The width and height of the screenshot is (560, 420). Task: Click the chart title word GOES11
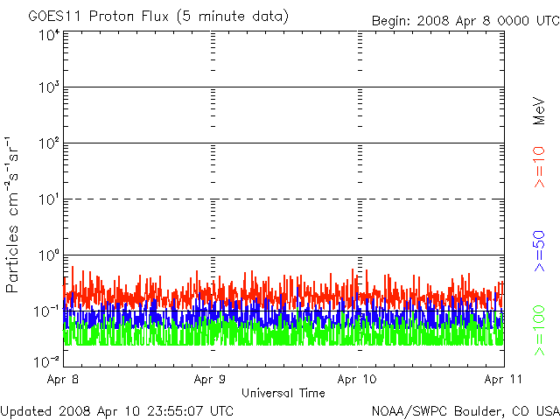click(x=56, y=17)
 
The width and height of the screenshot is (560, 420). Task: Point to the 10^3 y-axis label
click(x=49, y=87)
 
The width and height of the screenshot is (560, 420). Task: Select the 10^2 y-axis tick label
click(x=49, y=143)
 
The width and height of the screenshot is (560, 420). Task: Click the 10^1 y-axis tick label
click(x=49, y=199)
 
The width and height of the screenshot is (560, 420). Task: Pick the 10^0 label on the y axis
click(x=49, y=255)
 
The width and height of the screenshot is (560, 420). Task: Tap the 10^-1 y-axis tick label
click(x=46, y=311)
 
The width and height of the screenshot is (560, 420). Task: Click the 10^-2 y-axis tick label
click(x=46, y=362)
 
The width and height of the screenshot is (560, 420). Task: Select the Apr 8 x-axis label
click(x=63, y=379)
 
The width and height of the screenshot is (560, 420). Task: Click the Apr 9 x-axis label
click(x=210, y=379)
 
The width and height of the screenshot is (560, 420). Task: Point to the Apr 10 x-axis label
click(x=357, y=379)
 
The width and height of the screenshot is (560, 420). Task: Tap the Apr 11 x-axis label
click(x=504, y=379)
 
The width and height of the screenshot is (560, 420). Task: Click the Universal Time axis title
click(x=283, y=393)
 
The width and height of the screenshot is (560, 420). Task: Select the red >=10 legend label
click(x=539, y=167)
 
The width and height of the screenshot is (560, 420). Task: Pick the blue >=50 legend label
click(x=539, y=251)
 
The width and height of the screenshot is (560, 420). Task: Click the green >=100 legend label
click(x=539, y=331)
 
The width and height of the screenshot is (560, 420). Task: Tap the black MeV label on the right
click(x=539, y=111)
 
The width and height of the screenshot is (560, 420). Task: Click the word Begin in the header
click(x=391, y=21)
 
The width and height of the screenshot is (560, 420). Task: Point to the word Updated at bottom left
click(x=25, y=411)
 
